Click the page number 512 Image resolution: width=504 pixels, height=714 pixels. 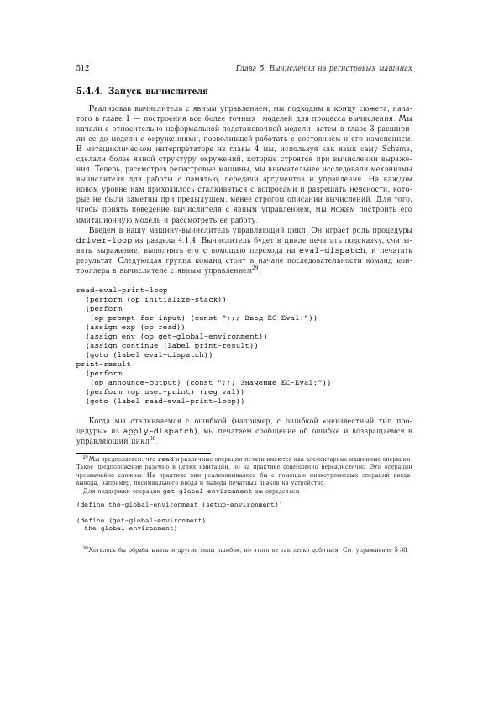click(x=82, y=66)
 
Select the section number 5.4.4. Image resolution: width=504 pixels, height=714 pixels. click(x=91, y=90)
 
